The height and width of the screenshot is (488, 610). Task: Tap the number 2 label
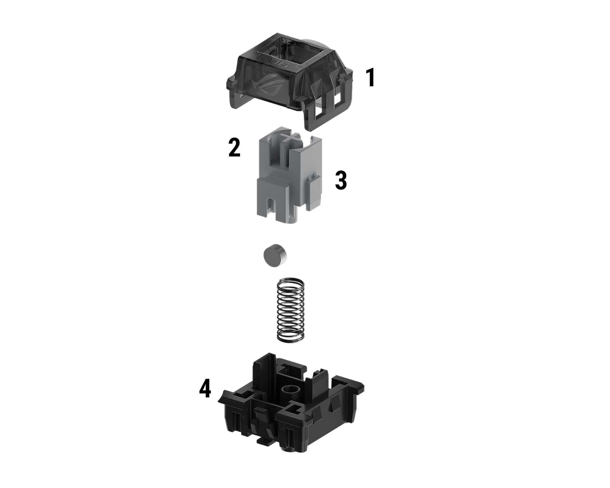click(234, 148)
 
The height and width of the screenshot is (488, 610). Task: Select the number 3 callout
click(341, 181)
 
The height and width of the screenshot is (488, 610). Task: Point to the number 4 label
click(205, 389)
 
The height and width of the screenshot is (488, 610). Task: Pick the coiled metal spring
click(290, 310)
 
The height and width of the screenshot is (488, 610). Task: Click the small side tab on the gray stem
click(313, 192)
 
